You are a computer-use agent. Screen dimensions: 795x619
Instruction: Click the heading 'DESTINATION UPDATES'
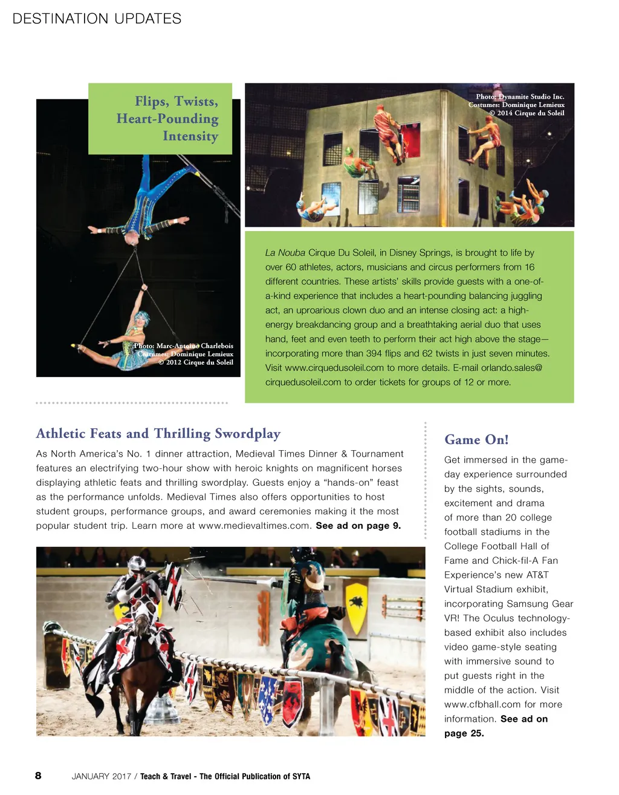[x=97, y=19]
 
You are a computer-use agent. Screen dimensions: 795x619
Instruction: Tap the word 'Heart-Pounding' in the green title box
[x=167, y=119]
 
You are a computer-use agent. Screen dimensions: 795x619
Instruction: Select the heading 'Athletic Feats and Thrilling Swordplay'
[x=158, y=433]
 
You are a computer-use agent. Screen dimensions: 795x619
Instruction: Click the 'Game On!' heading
[x=476, y=439]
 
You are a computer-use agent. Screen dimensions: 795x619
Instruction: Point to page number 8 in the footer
[x=38, y=776]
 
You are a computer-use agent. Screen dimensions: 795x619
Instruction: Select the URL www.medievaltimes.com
[x=254, y=525]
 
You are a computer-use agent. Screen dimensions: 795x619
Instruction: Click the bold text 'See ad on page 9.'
[x=358, y=525]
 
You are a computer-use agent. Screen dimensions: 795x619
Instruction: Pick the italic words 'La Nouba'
[x=285, y=253]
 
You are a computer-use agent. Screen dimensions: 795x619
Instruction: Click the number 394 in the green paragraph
[x=374, y=353]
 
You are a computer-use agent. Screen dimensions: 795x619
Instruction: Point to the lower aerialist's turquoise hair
[x=143, y=318]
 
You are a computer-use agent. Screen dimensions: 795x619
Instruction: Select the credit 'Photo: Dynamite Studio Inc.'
[x=520, y=96]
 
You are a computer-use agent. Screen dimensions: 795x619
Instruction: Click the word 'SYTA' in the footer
[x=301, y=776]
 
